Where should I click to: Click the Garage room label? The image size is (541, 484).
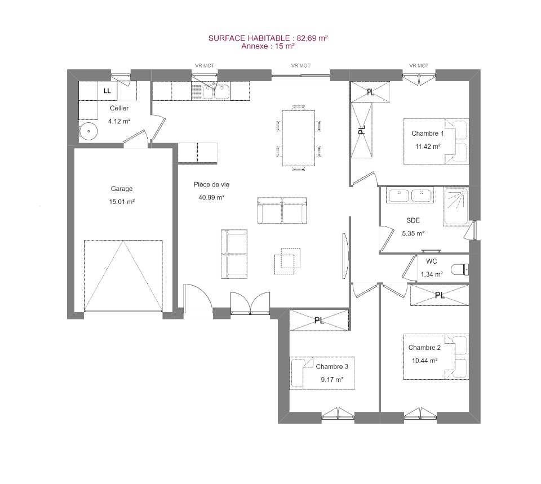[x=122, y=189]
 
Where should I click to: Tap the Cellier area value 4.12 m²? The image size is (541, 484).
[x=119, y=121]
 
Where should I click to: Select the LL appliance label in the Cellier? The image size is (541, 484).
[x=107, y=91]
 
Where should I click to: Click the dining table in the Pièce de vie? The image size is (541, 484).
[x=299, y=138]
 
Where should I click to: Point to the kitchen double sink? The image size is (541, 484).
[x=216, y=91]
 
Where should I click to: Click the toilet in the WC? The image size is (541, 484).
[x=460, y=269]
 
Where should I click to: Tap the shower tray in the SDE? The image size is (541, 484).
[x=455, y=207]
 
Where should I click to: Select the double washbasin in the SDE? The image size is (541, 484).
[x=410, y=196]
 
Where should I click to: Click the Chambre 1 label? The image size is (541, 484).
[x=428, y=134]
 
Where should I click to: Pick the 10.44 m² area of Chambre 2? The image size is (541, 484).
[x=425, y=361]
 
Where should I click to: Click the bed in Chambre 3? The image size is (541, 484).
[x=322, y=373]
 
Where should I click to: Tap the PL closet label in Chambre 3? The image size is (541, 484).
[x=320, y=321]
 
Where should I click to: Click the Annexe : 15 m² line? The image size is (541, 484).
[x=268, y=46]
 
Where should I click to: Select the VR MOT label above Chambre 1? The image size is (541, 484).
[x=419, y=65]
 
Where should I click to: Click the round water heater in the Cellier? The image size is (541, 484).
[x=88, y=131]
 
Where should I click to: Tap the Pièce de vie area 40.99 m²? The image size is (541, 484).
[x=211, y=198]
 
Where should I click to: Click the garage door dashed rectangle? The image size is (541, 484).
[x=123, y=276]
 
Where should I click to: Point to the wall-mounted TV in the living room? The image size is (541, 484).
[x=345, y=256]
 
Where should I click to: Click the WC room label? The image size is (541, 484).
[x=431, y=261]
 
